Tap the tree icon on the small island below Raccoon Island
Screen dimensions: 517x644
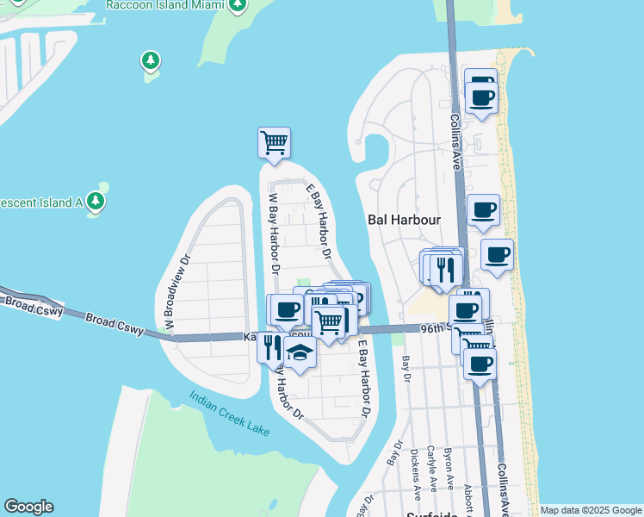(151, 60)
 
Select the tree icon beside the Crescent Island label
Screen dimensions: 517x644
(96, 202)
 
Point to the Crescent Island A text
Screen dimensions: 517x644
(40, 202)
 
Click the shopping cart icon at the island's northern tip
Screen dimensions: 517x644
(274, 141)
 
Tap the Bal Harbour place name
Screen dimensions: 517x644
(404, 220)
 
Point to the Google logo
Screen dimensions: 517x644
(28, 507)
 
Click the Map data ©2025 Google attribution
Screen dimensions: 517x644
(590, 510)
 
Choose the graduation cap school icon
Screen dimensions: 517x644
(300, 353)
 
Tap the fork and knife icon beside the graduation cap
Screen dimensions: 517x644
(271, 347)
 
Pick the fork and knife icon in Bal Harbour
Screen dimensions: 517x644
(445, 268)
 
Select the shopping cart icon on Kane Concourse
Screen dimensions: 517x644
(328, 322)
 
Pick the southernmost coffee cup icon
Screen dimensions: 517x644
(480, 363)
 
